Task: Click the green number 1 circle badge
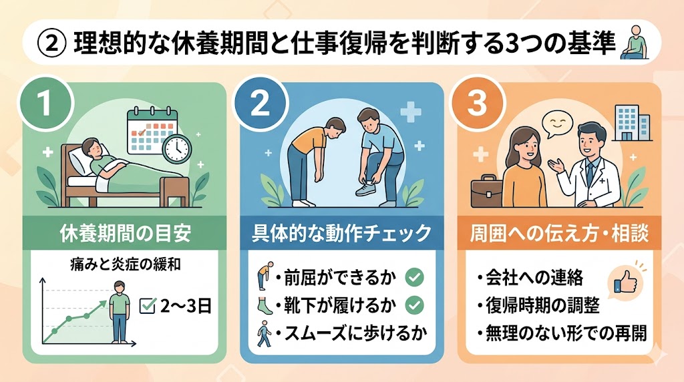tap(45, 103)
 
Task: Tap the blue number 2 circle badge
tap(260, 103)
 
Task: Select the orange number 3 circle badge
tap(476, 103)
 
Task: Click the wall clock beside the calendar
tap(176, 149)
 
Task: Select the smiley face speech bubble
tap(557, 124)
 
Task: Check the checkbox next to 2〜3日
tap(147, 305)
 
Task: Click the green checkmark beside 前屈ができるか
tap(414, 277)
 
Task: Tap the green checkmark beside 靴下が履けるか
tap(414, 305)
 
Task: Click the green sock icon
tap(264, 305)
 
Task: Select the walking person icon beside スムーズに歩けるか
tap(263, 334)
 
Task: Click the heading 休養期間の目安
tap(126, 233)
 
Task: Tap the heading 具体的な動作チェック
tap(341, 233)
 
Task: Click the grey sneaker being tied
tap(366, 188)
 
